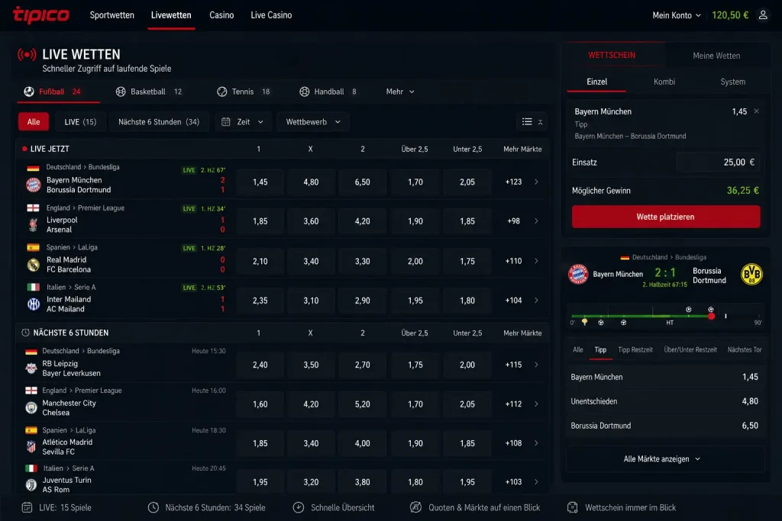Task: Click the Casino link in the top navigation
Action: [x=221, y=15]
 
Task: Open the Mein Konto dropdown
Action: [x=677, y=15]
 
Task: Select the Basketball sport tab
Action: [x=149, y=92]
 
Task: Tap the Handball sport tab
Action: [x=328, y=92]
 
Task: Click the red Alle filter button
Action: [x=34, y=121]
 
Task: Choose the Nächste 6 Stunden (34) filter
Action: [x=159, y=121]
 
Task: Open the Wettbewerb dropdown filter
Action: [x=312, y=121]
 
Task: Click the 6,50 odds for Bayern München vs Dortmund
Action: [x=363, y=182]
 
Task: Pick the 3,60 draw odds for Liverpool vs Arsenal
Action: [x=311, y=221]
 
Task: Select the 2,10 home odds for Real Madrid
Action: [x=260, y=261]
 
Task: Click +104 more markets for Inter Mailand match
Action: [x=514, y=301]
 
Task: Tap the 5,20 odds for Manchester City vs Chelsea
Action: [x=363, y=404]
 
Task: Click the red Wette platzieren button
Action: [x=666, y=217]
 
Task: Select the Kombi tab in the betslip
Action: [x=664, y=82]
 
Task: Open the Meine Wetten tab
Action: [x=716, y=56]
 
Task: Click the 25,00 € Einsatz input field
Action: [x=718, y=162]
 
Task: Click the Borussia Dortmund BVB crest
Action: [x=751, y=275]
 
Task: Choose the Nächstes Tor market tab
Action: [x=744, y=349]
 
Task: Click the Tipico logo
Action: [x=41, y=15]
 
